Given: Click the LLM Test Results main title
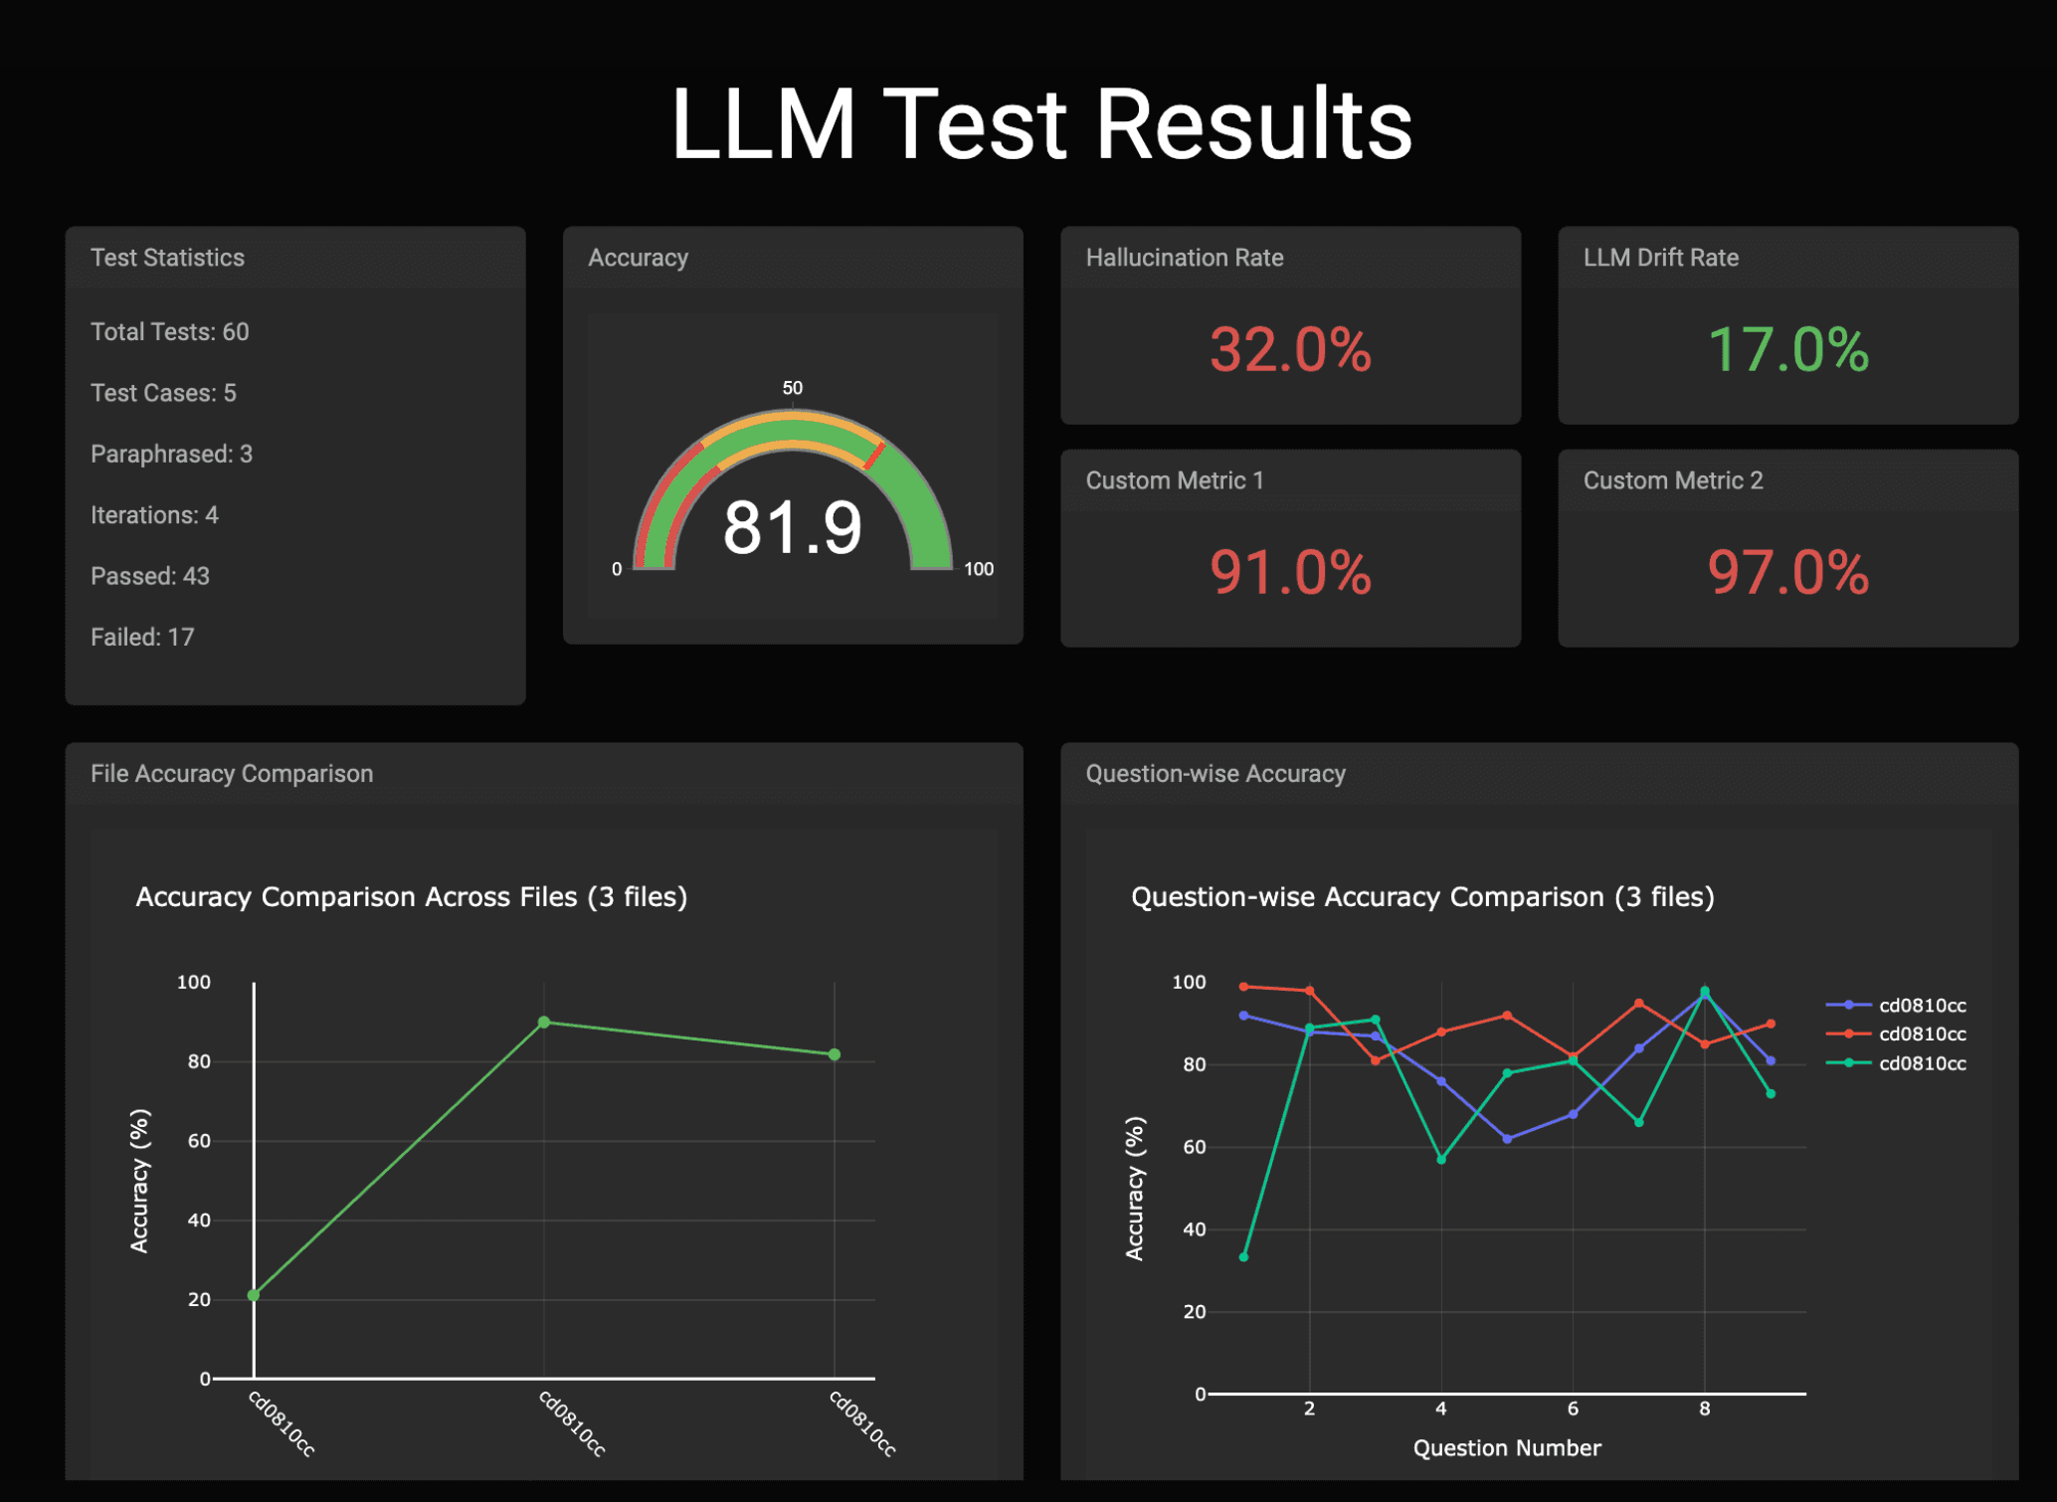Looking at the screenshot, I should pos(1040,124).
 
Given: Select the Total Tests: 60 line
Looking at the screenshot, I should pos(169,332).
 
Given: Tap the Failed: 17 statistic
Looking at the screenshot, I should pos(142,638).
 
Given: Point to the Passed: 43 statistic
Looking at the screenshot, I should pos(150,577).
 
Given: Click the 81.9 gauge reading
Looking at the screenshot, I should pos(792,527).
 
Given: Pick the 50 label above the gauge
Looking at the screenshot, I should pos(792,388).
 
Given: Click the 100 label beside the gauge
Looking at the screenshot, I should pos(979,569).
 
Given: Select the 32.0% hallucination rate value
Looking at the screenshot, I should pos(1290,350).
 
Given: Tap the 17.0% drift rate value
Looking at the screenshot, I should pos(1787,350).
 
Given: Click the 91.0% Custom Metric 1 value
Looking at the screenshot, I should pos(1290,573).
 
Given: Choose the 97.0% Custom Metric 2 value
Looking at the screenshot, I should pos(1787,573).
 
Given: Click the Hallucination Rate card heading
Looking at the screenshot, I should pos(1184,258).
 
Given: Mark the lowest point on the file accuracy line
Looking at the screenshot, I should pos(254,1295).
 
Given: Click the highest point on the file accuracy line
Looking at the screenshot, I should pos(544,1023).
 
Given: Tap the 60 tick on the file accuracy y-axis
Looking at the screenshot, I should pos(199,1141).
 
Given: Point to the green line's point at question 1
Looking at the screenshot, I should pos(1243,1257).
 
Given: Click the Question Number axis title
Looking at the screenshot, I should pos(1506,1448).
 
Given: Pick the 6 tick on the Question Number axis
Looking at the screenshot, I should pos(1573,1408).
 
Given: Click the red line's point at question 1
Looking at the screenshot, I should pos(1243,987).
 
